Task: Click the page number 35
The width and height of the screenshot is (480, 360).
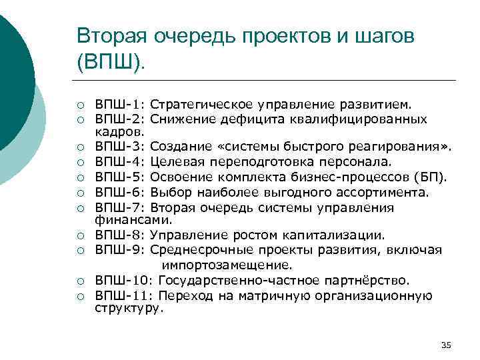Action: point(447,345)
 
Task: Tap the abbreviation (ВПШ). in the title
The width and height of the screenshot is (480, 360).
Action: point(114,64)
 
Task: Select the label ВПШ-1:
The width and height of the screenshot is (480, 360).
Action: point(120,105)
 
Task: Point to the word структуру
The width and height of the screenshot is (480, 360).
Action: point(129,309)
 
